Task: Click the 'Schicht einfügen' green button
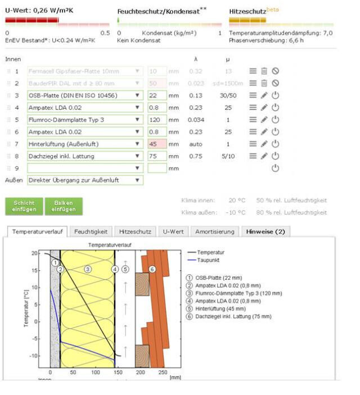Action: click(24, 206)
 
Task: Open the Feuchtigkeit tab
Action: click(91, 231)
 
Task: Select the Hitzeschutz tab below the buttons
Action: click(135, 231)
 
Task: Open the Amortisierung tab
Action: click(215, 231)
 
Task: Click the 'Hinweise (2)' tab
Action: click(265, 231)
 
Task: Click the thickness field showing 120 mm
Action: click(157, 120)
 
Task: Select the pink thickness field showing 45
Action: click(157, 144)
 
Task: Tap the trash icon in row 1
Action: click(264, 71)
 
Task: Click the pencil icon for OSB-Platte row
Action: click(264, 96)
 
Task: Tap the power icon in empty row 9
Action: click(275, 168)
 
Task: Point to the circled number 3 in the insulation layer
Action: click(88, 269)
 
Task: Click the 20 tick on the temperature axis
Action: click(39, 253)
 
